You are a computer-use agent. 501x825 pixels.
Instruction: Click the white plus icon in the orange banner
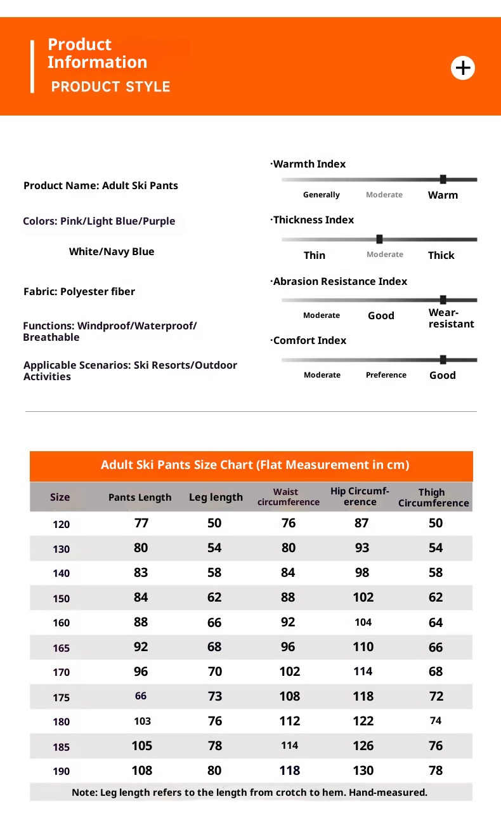click(463, 67)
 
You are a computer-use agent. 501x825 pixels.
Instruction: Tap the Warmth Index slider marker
click(443, 180)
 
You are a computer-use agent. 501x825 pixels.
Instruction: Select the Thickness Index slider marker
click(379, 239)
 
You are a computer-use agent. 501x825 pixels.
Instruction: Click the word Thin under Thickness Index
click(315, 255)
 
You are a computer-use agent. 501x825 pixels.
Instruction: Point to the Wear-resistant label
click(451, 318)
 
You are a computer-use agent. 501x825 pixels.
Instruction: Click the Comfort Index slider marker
click(443, 360)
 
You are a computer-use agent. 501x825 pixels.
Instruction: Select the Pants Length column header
click(140, 497)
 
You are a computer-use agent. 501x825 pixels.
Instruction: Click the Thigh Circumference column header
click(434, 498)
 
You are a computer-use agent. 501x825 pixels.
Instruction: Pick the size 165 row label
click(62, 648)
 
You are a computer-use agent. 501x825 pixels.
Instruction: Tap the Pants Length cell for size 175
click(141, 696)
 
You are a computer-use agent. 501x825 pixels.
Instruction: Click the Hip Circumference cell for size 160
click(363, 623)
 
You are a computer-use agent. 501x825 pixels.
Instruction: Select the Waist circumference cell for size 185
click(290, 746)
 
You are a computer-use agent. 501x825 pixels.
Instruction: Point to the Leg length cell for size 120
click(214, 523)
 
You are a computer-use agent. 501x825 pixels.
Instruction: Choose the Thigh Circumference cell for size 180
click(436, 721)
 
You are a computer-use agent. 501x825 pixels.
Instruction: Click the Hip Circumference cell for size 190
click(363, 770)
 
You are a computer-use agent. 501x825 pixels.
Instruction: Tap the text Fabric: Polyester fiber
click(79, 291)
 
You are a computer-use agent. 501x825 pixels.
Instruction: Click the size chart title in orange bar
click(255, 465)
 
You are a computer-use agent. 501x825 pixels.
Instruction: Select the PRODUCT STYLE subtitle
click(111, 87)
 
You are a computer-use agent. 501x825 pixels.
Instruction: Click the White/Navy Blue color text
click(112, 251)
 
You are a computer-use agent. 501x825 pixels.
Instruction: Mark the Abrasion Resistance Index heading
click(340, 281)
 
